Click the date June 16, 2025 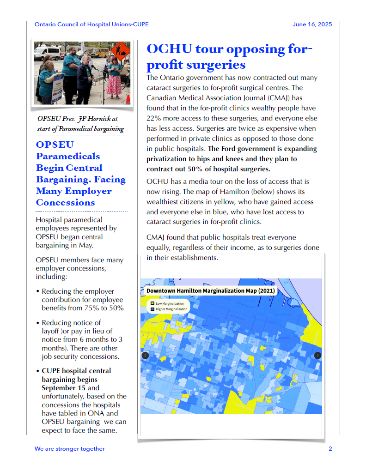pyautogui.click(x=312, y=24)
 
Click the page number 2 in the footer pyautogui.click(x=330, y=448)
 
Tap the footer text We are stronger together pyautogui.click(x=69, y=448)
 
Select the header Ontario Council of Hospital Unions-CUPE pyautogui.click(x=91, y=24)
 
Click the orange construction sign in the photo pyautogui.click(x=121, y=48)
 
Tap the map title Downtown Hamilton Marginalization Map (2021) pyautogui.click(x=210, y=290)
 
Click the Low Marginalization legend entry pyautogui.click(x=170, y=303)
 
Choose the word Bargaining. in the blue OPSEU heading pyautogui.click(x=61, y=179)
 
